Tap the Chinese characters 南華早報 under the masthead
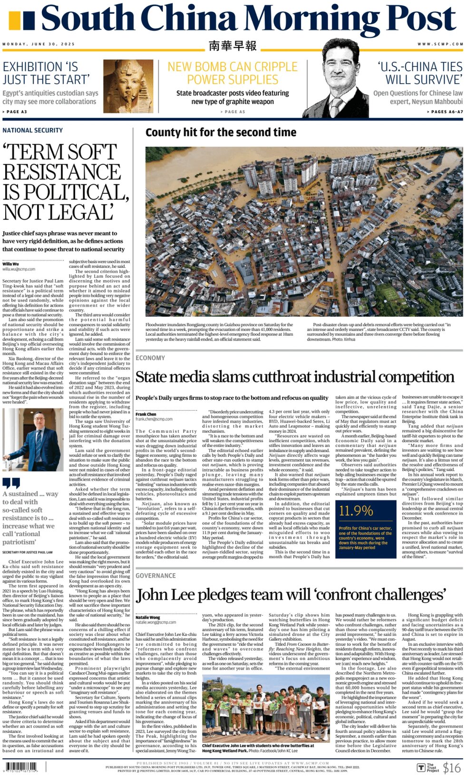click(x=233, y=46)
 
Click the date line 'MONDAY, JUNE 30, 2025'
click(x=39, y=44)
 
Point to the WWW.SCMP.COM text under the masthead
click(x=440, y=44)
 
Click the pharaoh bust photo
click(x=128, y=85)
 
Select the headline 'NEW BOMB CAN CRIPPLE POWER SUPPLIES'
click(x=233, y=73)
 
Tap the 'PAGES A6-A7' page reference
click(x=445, y=112)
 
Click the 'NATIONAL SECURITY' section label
click(x=32, y=130)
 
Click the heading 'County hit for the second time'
click(x=221, y=132)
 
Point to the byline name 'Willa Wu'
click(x=10, y=264)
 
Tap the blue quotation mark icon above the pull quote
click(x=11, y=483)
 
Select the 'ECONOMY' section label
click(x=150, y=358)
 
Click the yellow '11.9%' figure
click(x=356, y=511)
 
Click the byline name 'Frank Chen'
click(x=146, y=414)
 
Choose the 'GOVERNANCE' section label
click(x=155, y=576)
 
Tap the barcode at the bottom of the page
click(x=21, y=767)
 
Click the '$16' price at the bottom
click(x=451, y=767)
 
